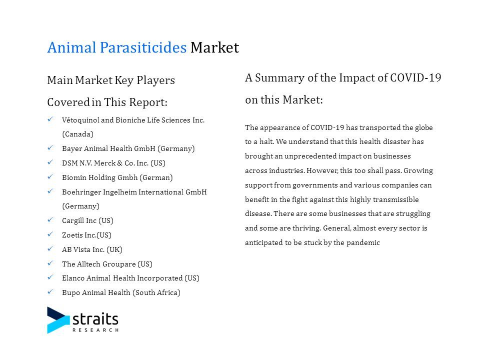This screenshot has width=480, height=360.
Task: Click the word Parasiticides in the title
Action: coord(143,48)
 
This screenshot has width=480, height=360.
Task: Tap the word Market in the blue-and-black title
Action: coord(214,48)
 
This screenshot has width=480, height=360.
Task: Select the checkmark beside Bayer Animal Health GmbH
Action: coord(50,148)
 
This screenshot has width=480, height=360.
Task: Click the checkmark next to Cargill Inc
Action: coord(50,220)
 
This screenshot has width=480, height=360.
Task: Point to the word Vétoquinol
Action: coord(80,120)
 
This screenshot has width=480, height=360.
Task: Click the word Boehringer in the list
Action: coord(81,192)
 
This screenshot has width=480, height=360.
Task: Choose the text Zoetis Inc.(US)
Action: coord(86,235)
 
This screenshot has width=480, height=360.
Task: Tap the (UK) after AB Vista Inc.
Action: coord(114,250)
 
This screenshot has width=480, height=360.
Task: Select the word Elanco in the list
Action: coord(73,278)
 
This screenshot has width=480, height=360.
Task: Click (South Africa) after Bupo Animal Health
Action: coord(156,292)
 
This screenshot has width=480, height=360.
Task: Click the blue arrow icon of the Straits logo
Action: coord(58,320)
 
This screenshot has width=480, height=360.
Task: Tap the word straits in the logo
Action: coord(95,319)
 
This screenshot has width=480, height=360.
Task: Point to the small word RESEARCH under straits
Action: coord(95,330)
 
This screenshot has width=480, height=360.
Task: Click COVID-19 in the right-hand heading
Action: coord(415,78)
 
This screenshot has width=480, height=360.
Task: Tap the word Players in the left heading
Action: coord(156,80)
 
